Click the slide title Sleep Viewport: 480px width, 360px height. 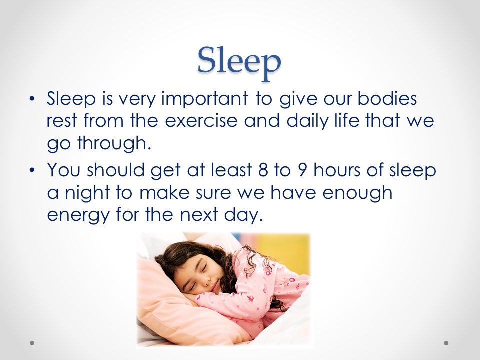pos(239,63)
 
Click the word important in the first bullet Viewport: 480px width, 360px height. pos(205,100)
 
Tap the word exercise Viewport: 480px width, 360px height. pos(201,120)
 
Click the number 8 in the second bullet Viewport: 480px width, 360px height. pos(263,170)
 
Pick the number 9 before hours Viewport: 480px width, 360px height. pos(302,170)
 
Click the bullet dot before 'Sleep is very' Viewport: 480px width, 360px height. pos(32,99)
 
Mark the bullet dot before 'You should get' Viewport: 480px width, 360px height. pos(32,171)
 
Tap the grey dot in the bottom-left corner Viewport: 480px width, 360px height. pos(32,343)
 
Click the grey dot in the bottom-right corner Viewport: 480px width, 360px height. pos(446,343)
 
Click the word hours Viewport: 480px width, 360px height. pos(337,170)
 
